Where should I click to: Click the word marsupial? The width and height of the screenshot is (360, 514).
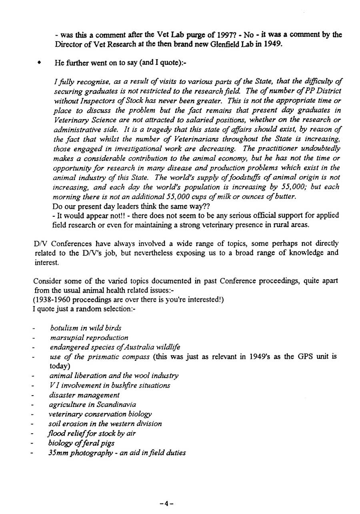click(x=65, y=338)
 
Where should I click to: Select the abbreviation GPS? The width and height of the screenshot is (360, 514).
click(x=300, y=356)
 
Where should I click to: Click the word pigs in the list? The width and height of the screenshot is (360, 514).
click(x=107, y=443)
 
